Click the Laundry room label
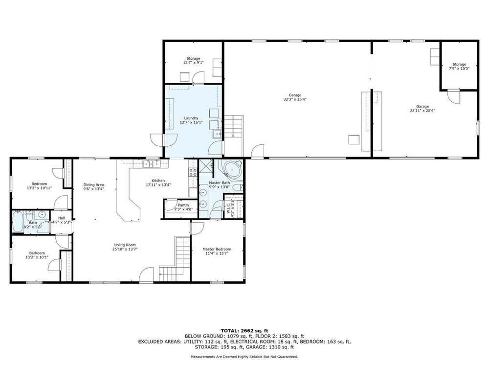(x=191, y=118)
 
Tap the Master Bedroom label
(x=217, y=249)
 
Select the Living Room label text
(x=125, y=245)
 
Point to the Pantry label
(x=184, y=205)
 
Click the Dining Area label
(x=93, y=185)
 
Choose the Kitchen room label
(x=158, y=181)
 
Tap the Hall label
(x=62, y=218)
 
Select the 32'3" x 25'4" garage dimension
(x=295, y=100)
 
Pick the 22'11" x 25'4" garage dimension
(x=422, y=111)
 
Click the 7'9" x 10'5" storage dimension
(x=459, y=69)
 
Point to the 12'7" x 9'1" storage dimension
(x=193, y=63)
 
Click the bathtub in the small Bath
(x=18, y=221)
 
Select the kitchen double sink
(x=151, y=164)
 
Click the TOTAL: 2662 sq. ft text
(x=244, y=331)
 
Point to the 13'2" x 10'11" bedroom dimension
(x=39, y=188)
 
